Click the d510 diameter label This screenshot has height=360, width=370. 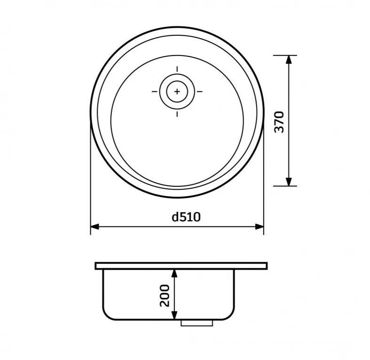pyautogui.click(x=186, y=217)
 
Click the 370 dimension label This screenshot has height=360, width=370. pyautogui.click(x=280, y=122)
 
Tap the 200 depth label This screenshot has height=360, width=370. pyautogui.click(x=165, y=296)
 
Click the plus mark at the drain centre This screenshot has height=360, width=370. pyautogui.click(x=177, y=91)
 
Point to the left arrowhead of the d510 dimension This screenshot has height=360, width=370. pyautogui.click(x=94, y=227)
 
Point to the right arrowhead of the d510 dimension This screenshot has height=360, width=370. pyautogui.click(x=260, y=227)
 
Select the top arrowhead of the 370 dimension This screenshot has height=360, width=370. pyautogui.click(x=289, y=60)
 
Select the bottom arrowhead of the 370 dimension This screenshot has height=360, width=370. pyautogui.click(x=289, y=182)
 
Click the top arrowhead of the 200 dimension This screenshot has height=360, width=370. pyautogui.click(x=174, y=273)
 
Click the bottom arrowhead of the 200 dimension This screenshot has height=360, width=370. pyautogui.click(x=174, y=315)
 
